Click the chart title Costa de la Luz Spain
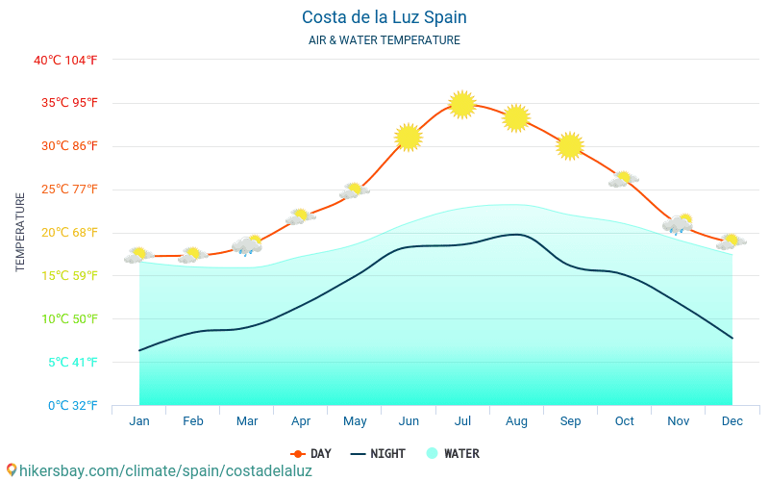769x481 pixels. [x=384, y=17]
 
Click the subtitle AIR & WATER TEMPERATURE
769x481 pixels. [x=384, y=40]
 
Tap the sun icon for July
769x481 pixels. [x=462, y=104]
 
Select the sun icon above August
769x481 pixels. [x=516, y=117]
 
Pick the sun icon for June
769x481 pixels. [x=409, y=138]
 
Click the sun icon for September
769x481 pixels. [x=570, y=145]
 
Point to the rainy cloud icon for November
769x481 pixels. [x=679, y=225]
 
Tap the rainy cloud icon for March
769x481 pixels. [x=248, y=245]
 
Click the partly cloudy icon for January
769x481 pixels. [x=138, y=255]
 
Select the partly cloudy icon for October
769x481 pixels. [x=624, y=179]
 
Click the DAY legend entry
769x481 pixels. [x=311, y=453]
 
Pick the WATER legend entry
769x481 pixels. [x=453, y=453]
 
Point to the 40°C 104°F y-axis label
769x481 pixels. [x=65, y=60]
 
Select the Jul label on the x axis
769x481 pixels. [x=462, y=421]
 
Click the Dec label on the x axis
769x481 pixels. [x=732, y=421]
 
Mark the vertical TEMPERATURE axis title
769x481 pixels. [x=21, y=232]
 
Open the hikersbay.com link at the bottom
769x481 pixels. [x=159, y=470]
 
